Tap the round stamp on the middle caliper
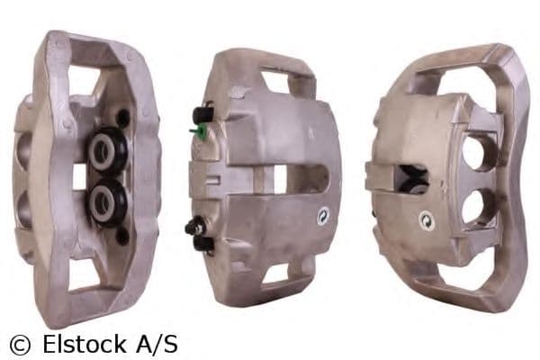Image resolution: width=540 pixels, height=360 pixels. pyautogui.click(x=322, y=216)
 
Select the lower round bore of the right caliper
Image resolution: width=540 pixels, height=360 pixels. pyautogui.click(x=476, y=206)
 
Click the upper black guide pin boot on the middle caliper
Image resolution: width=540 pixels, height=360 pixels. pyautogui.click(x=202, y=115)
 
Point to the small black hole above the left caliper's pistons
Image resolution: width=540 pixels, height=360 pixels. pyautogui.click(x=121, y=117)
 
